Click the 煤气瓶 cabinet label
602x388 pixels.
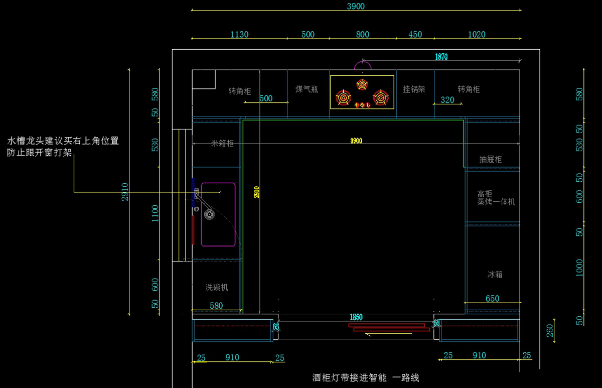click(x=307, y=89)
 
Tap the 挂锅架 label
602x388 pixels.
click(x=414, y=89)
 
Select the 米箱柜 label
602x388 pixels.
click(x=222, y=144)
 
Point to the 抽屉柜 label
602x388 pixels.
click(x=490, y=160)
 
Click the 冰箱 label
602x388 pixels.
click(x=495, y=275)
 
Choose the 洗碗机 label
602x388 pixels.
click(x=217, y=288)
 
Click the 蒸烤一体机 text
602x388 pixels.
click(x=496, y=202)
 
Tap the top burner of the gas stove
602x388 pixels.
click(x=362, y=84)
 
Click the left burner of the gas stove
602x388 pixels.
click(x=344, y=97)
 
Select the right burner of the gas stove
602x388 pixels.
click(x=381, y=97)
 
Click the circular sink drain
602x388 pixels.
click(x=209, y=214)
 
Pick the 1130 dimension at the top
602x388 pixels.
click(x=239, y=35)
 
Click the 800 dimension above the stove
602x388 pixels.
click(x=362, y=35)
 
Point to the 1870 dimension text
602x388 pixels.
click(x=441, y=57)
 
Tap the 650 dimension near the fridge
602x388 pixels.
click(x=492, y=299)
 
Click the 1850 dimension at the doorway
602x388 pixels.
click(x=356, y=317)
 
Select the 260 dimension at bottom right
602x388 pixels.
click(x=550, y=330)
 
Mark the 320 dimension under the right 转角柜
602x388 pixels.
click(x=447, y=100)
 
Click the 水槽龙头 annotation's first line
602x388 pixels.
click(x=63, y=141)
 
